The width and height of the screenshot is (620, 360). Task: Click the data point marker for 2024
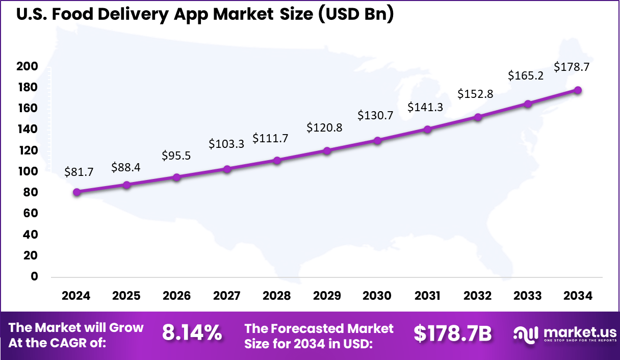click(x=76, y=192)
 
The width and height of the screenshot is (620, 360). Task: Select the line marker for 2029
click(x=327, y=151)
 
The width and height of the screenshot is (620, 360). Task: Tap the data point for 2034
click(x=578, y=90)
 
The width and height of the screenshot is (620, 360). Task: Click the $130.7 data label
click(x=375, y=115)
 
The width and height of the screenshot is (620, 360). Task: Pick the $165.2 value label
click(x=526, y=76)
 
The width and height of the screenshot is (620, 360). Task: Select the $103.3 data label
click(x=226, y=144)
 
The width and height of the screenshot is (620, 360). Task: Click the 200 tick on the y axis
click(x=27, y=66)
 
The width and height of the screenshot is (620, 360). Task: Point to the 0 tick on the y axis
click(x=35, y=276)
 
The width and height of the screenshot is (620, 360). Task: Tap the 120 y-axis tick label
click(x=27, y=150)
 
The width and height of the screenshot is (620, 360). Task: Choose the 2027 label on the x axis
click(x=226, y=296)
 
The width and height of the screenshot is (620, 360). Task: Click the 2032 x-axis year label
click(x=478, y=296)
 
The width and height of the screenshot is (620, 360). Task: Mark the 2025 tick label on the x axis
click(x=126, y=296)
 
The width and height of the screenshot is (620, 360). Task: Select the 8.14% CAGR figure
click(x=192, y=333)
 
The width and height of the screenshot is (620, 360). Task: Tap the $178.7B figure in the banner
click(x=452, y=333)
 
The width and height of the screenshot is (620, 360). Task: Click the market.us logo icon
click(x=525, y=334)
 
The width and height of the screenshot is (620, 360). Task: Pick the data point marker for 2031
click(x=427, y=130)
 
